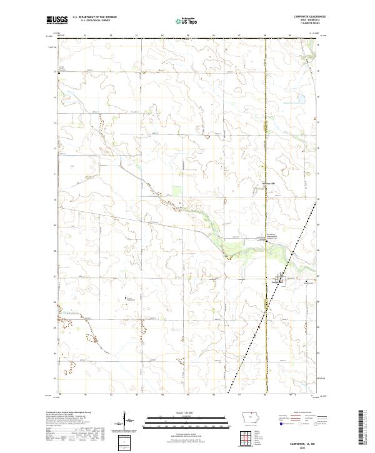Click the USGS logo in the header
tap(56, 20)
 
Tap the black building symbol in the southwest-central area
tap(126, 297)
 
